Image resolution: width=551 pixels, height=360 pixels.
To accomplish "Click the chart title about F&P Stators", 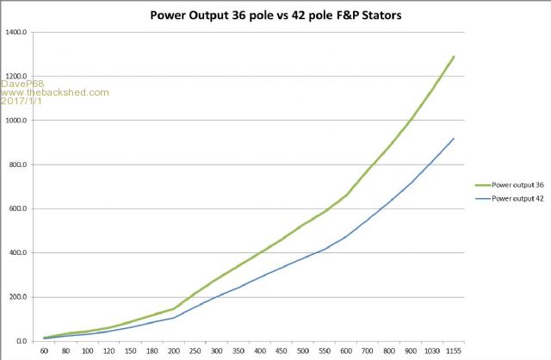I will tap(275, 15).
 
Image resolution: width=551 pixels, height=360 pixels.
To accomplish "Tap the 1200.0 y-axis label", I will tap(16, 76).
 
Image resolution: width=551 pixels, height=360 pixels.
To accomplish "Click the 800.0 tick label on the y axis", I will tap(18, 164).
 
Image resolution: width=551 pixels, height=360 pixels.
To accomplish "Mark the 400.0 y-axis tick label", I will tap(18, 253).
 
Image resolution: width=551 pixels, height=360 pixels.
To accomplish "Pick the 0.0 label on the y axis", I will tap(22, 342).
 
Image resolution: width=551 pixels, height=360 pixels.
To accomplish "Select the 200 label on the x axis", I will tap(174, 352).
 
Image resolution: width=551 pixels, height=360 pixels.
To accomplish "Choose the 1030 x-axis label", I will tap(432, 352).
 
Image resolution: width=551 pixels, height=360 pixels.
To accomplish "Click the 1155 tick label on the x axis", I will tap(454, 352).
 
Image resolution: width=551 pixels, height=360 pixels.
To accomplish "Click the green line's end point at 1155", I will tap(454, 57).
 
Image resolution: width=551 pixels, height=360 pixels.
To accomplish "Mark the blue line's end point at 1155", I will tap(454, 139).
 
